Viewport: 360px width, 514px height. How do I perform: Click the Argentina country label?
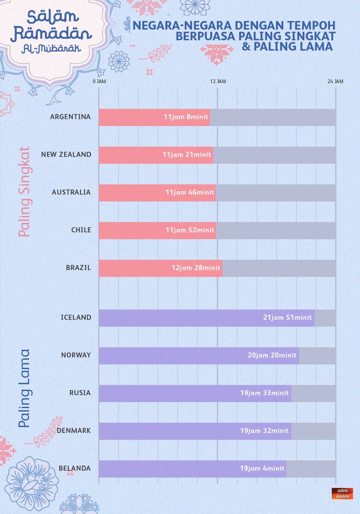(70, 117)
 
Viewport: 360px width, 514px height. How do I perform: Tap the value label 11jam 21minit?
(187, 155)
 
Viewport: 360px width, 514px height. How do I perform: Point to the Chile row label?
(81, 230)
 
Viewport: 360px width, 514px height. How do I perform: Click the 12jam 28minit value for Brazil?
(196, 268)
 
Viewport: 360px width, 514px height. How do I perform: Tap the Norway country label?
(76, 355)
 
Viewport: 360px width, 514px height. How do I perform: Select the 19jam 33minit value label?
(264, 393)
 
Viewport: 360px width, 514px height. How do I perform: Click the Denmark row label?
(74, 430)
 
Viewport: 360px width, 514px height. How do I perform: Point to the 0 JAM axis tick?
(99, 81)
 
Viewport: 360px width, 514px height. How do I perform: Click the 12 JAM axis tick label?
(218, 81)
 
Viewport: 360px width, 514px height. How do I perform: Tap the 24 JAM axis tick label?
(336, 81)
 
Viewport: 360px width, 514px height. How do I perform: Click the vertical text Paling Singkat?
(24, 192)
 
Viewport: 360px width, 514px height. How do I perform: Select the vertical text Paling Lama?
(24, 388)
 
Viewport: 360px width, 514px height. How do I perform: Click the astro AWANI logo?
(342, 493)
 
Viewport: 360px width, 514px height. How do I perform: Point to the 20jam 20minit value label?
(272, 355)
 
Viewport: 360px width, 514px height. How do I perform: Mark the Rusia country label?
(80, 393)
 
